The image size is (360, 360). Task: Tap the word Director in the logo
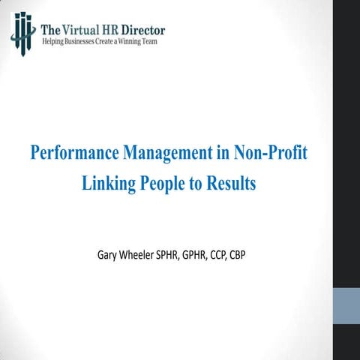pos(141,30)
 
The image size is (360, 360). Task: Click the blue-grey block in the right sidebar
pos(346,307)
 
